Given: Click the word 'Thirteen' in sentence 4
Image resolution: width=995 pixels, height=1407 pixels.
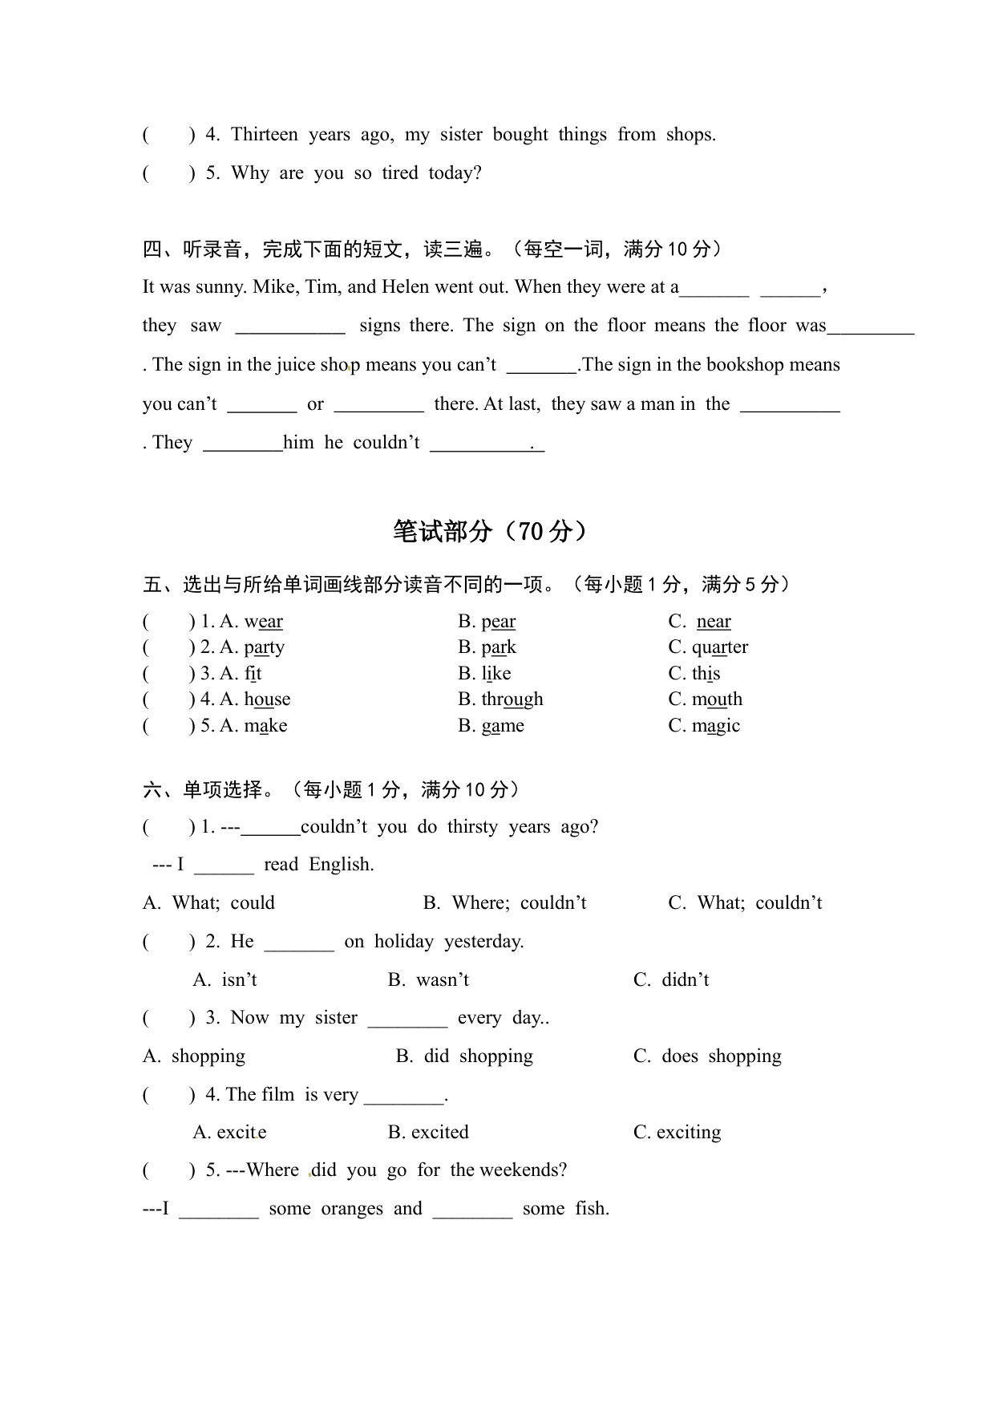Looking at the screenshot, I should (x=264, y=135).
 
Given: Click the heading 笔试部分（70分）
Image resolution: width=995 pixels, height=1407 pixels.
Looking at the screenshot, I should (x=490, y=531).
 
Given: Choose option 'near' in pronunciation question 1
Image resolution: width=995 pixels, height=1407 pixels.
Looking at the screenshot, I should (x=714, y=622).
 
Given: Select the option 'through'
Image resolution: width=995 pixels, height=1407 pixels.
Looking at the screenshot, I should (x=512, y=699).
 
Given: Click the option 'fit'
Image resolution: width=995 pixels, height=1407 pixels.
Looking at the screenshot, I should (x=253, y=674).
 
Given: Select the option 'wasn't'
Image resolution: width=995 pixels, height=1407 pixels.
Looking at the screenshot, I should (x=442, y=980).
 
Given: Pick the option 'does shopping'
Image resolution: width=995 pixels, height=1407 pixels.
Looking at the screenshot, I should (x=721, y=1056).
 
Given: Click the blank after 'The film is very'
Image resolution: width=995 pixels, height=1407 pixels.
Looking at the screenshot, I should (x=403, y=1097).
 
